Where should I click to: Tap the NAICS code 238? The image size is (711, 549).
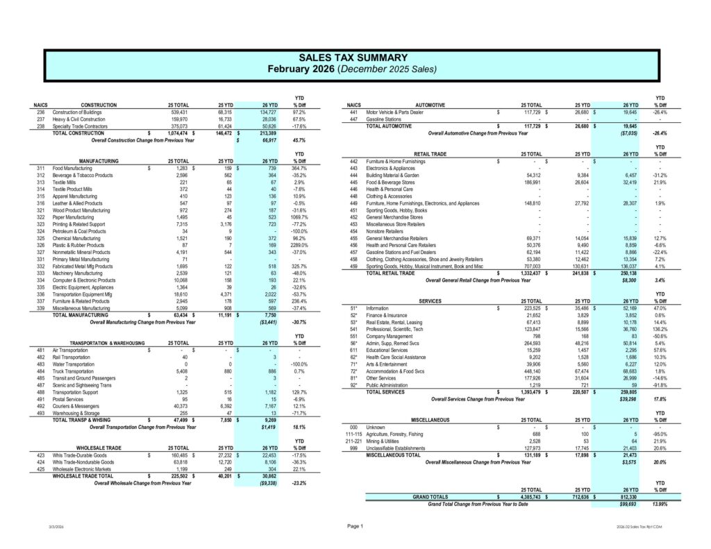40,126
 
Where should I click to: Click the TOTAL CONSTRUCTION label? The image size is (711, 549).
78,133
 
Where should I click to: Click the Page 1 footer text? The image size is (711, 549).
355,527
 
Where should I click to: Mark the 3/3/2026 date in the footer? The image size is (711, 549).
57,528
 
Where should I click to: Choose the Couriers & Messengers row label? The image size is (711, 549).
76,406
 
